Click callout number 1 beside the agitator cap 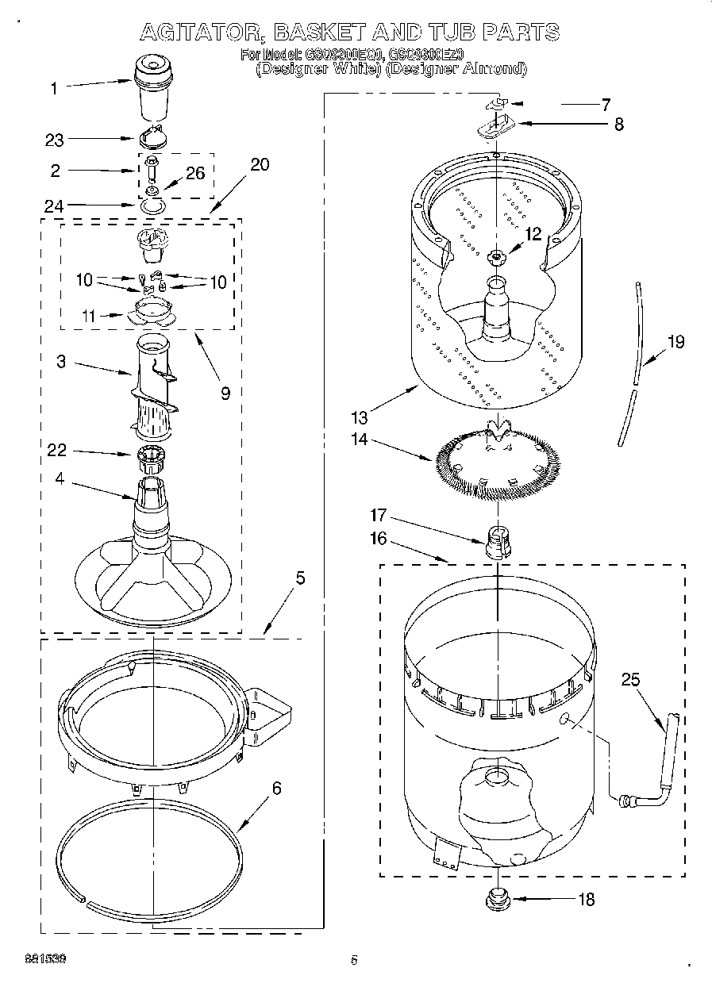click(x=54, y=88)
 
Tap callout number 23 click(x=55, y=140)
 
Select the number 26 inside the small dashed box click(x=195, y=174)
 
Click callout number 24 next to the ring click(x=55, y=205)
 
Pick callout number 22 click(x=56, y=451)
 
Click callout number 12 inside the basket click(x=533, y=234)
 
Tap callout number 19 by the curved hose click(x=675, y=342)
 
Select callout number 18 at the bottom click(x=587, y=900)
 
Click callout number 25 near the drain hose click(x=630, y=679)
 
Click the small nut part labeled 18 click(x=498, y=899)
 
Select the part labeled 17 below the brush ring click(x=496, y=542)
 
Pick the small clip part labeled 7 click(x=497, y=103)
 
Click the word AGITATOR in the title click(x=201, y=33)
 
